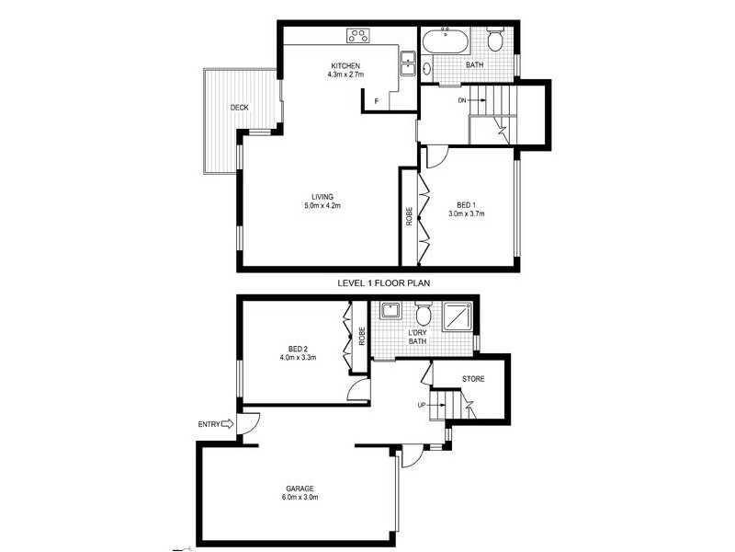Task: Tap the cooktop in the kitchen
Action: click(x=357, y=37)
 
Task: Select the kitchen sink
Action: click(x=407, y=64)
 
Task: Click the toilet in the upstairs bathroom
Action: click(x=495, y=40)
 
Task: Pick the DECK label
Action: click(x=239, y=108)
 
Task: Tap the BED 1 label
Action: click(x=466, y=204)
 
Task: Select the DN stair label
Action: click(x=462, y=98)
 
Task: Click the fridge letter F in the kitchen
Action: click(x=376, y=100)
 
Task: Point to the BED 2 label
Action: click(x=298, y=349)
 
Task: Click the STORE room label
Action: click(x=474, y=378)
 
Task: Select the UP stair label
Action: click(x=423, y=404)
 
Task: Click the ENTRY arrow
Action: click(x=229, y=424)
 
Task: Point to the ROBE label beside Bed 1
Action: click(x=409, y=218)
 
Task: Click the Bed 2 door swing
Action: click(x=358, y=391)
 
